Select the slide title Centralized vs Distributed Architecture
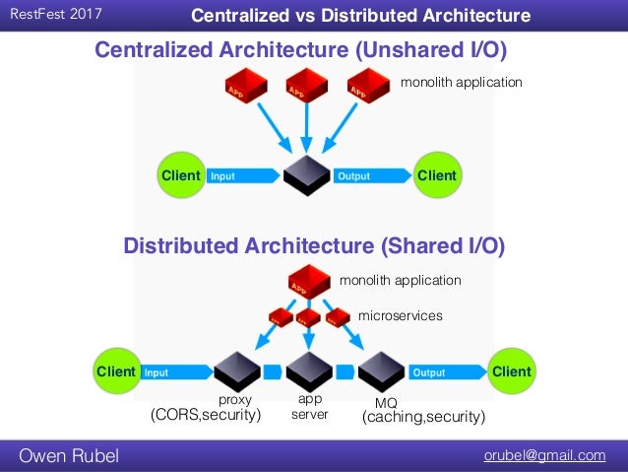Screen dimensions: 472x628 point(359,16)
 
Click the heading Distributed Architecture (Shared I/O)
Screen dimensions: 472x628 point(313,246)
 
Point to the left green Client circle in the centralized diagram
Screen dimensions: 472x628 point(180,175)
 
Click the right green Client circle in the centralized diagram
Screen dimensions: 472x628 point(437,175)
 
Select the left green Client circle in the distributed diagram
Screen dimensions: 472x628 point(116,372)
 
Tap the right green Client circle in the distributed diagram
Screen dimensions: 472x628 point(511,372)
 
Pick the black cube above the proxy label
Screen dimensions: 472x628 point(236,371)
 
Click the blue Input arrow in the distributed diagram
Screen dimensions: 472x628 point(177,372)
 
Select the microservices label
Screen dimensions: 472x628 point(399,315)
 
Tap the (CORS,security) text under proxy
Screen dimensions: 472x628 point(206,416)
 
